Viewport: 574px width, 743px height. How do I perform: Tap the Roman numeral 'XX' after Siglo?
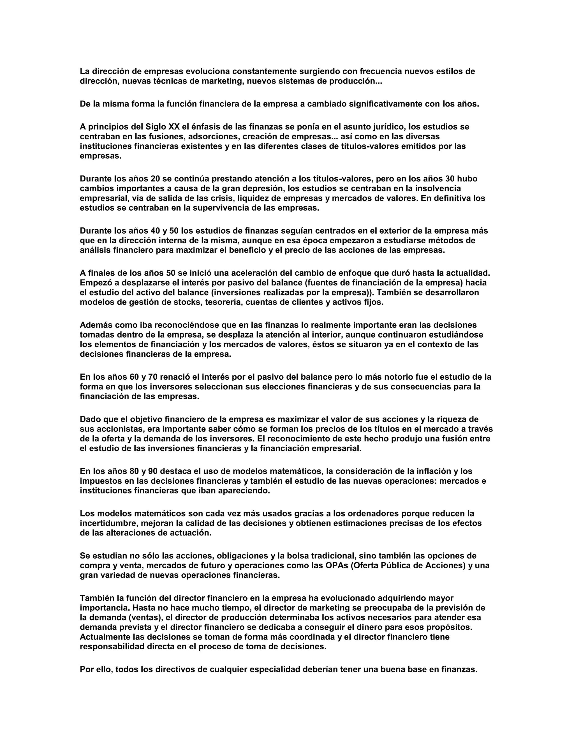172,127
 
